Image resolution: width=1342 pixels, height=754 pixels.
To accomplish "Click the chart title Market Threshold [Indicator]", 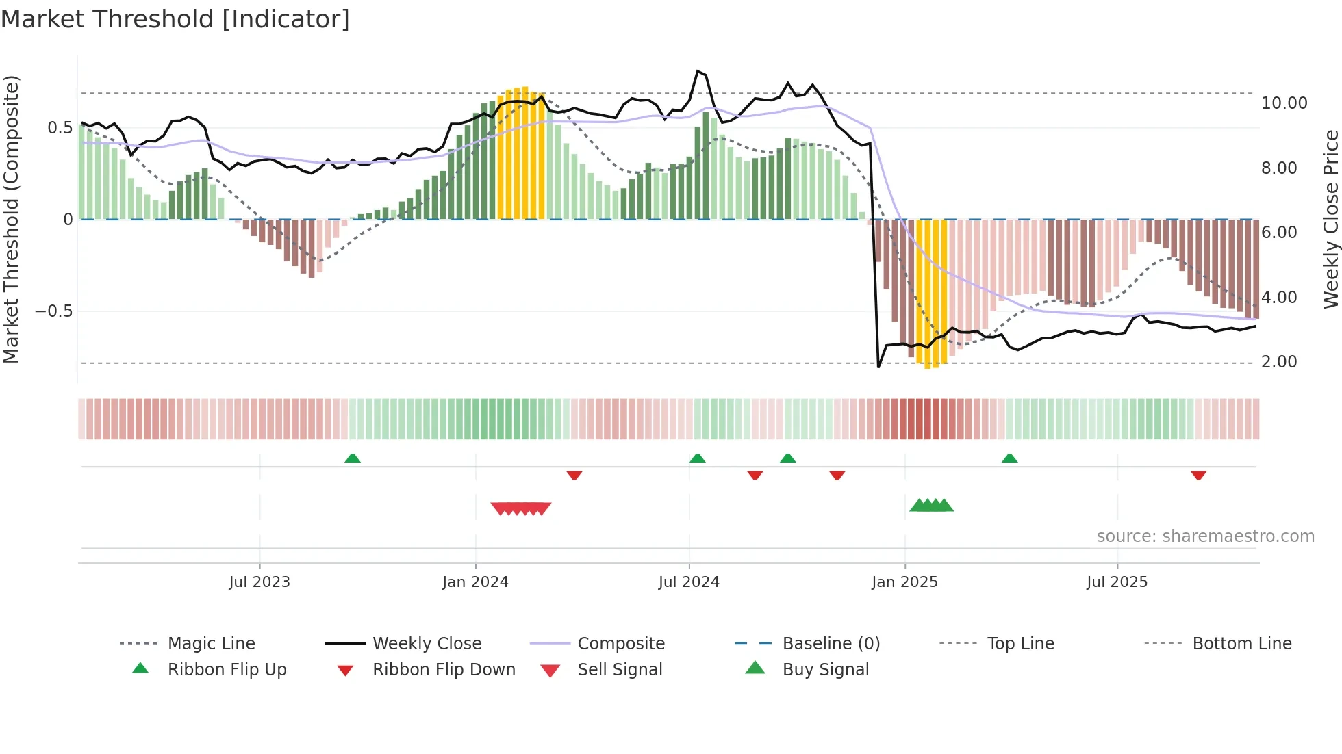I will (x=175, y=19).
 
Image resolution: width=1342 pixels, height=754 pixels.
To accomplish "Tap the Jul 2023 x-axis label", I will (x=259, y=582).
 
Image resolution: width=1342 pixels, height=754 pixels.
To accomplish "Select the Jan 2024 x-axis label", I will (x=475, y=582).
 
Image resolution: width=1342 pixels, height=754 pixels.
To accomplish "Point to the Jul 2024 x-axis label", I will (x=689, y=582).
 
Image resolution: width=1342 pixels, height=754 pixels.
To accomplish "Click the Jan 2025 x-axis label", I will (x=904, y=582).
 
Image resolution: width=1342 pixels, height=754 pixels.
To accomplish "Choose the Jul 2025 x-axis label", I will (x=1117, y=582).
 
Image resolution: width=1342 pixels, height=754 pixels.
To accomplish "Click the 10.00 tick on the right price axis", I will (x=1284, y=103).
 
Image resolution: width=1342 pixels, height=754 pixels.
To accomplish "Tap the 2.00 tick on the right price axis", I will (x=1279, y=362).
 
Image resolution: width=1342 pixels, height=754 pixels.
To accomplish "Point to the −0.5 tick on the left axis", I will (x=53, y=311).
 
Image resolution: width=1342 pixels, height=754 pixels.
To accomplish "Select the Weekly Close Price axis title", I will (x=1330, y=219).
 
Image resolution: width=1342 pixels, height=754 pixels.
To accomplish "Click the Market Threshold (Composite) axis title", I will (x=11, y=219).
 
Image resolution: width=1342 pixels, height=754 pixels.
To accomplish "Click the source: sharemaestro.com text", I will (x=1205, y=536).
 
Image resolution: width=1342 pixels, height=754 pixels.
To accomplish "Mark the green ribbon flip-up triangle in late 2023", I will (x=353, y=458).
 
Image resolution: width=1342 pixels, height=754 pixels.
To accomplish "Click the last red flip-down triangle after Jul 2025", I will (x=1198, y=475).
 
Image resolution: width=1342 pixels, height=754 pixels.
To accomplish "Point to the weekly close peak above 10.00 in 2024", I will (x=698, y=71).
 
